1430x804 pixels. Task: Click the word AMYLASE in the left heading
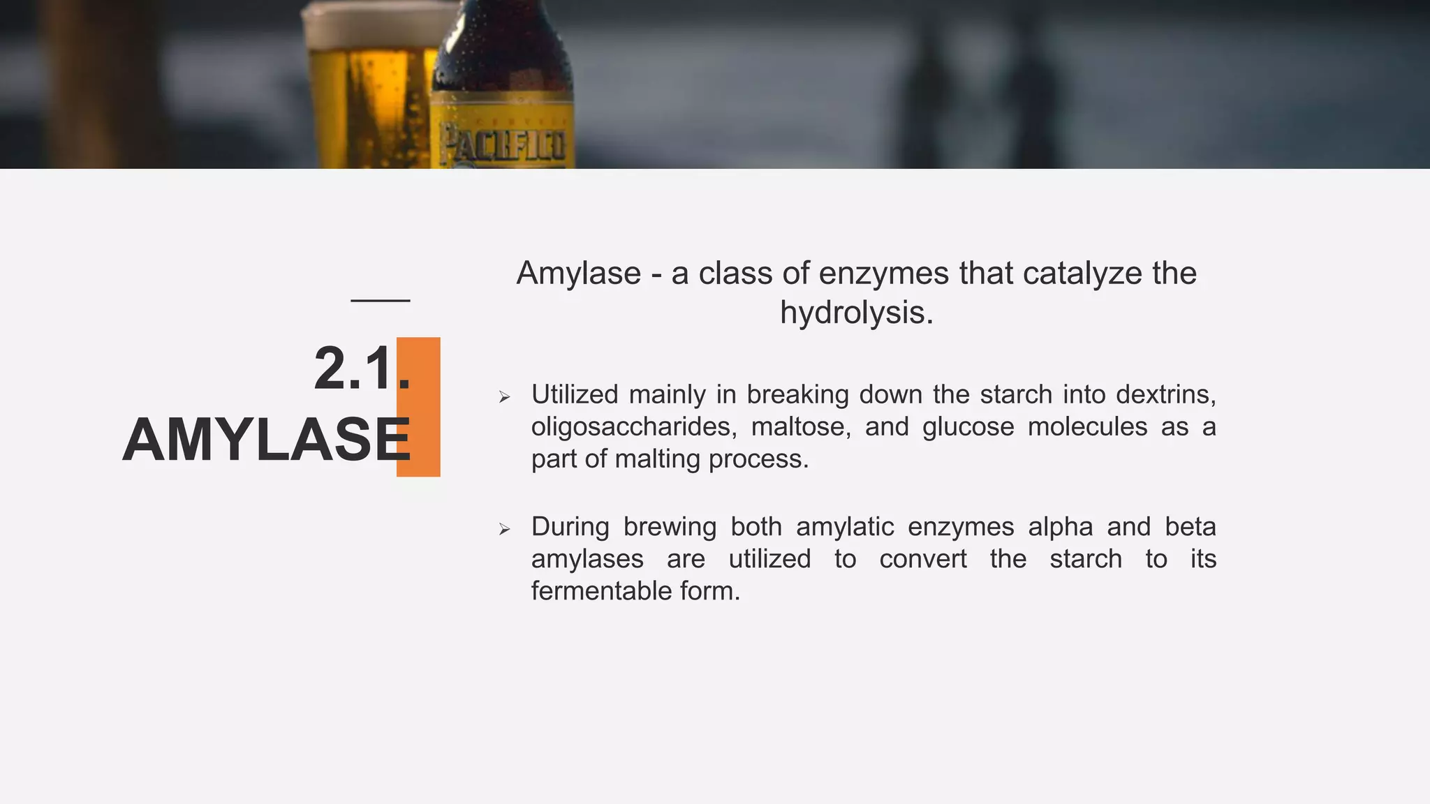[x=266, y=440]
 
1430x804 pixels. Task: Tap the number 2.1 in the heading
[x=353, y=369]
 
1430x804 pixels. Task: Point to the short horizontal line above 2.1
[x=380, y=301]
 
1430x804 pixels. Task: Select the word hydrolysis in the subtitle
[x=855, y=313]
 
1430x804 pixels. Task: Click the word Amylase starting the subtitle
[x=578, y=274]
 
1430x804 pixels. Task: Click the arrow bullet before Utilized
[x=505, y=398]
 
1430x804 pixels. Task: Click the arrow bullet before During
[x=505, y=530]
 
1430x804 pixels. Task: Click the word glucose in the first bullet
[x=968, y=427]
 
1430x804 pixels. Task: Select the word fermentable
[x=602, y=591]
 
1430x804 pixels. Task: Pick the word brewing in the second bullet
[x=670, y=527]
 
